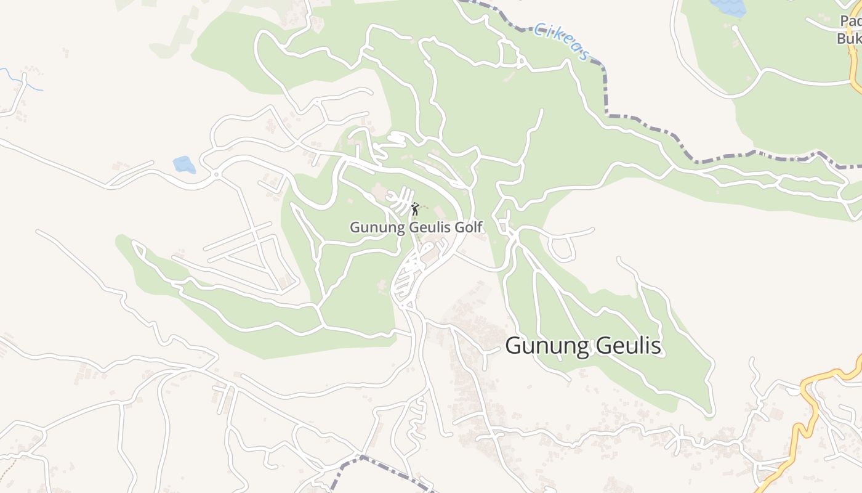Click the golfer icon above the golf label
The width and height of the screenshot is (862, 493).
(x=415, y=209)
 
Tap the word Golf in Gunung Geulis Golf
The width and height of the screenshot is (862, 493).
(x=469, y=228)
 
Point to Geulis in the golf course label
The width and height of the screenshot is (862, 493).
(x=424, y=228)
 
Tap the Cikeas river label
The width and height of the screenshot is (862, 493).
(x=561, y=42)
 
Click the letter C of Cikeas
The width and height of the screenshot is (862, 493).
(x=539, y=28)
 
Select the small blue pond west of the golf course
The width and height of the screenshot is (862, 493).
(x=184, y=165)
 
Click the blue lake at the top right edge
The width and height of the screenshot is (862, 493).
(x=728, y=7)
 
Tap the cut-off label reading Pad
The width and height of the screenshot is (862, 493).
(x=850, y=22)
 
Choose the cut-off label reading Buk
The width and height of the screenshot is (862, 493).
(x=848, y=38)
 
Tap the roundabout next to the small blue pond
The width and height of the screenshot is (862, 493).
(x=216, y=175)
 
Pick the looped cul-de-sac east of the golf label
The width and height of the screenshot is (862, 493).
(x=562, y=249)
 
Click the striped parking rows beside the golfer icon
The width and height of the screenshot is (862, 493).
(x=400, y=200)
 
